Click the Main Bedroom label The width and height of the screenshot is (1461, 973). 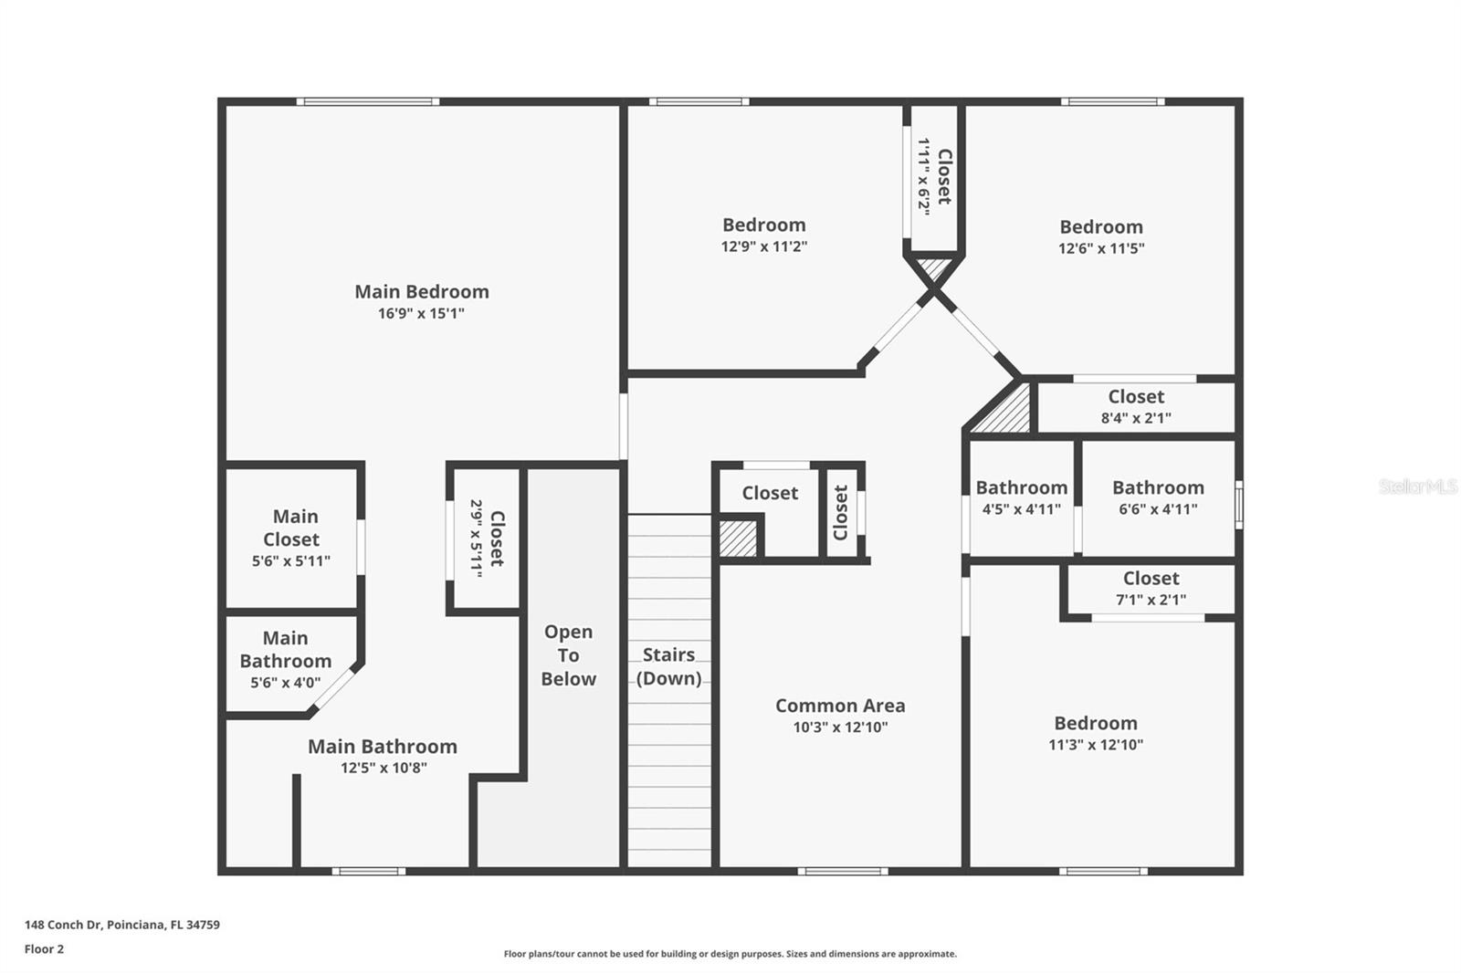pyautogui.click(x=421, y=292)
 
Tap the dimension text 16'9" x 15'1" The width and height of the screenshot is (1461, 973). pyautogui.click(x=421, y=313)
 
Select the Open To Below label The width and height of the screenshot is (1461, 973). pyautogui.click(x=568, y=655)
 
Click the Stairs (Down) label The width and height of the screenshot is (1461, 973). pyautogui.click(x=668, y=666)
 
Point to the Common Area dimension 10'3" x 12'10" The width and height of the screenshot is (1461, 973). pyautogui.click(x=840, y=727)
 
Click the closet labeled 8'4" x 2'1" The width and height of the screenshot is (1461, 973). pyautogui.click(x=1136, y=407)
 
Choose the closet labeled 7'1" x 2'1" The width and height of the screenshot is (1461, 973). pyautogui.click(x=1151, y=589)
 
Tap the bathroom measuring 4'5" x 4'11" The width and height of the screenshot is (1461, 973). pyautogui.click(x=1021, y=497)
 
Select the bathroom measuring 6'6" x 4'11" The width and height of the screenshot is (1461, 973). pyautogui.click(x=1158, y=497)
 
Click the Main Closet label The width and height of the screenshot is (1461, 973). pyautogui.click(x=291, y=528)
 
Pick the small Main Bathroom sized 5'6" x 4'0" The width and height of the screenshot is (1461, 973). pyautogui.click(x=285, y=660)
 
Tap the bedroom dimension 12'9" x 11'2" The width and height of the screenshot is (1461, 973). pyautogui.click(x=764, y=246)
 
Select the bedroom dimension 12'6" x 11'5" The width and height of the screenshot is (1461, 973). pyautogui.click(x=1101, y=248)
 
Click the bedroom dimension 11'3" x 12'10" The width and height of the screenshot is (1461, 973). pyautogui.click(x=1096, y=745)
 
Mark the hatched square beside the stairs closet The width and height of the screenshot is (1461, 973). pyautogui.click(x=738, y=539)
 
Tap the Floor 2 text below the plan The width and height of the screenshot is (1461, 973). pyautogui.click(x=44, y=949)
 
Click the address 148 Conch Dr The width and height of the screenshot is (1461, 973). pyautogui.click(x=121, y=925)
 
